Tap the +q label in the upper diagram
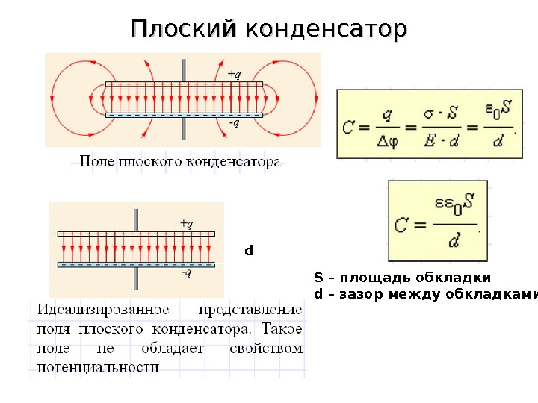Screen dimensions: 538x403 (x=234, y=73)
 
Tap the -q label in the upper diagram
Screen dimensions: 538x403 (x=234, y=124)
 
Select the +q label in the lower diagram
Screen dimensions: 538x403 (x=186, y=223)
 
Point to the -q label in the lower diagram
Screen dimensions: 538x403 (x=186, y=273)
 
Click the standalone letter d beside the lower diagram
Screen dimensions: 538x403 (x=249, y=250)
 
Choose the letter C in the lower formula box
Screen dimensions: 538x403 (x=403, y=222)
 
